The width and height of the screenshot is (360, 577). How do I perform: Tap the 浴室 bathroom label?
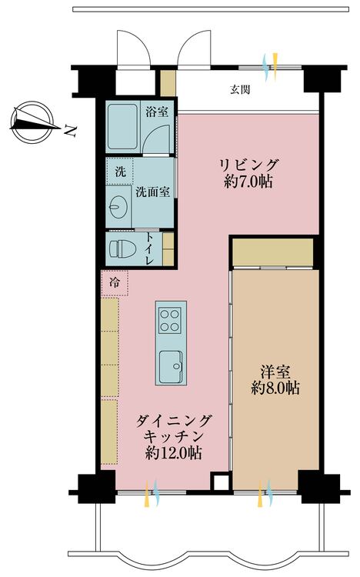point(158,111)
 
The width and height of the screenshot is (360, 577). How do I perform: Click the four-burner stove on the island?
point(171,319)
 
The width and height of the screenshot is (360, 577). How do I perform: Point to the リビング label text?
point(248,165)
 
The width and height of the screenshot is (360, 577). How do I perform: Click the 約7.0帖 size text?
point(248,182)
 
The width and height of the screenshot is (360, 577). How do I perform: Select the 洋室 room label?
point(275,371)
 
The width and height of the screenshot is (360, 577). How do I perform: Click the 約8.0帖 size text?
point(275,389)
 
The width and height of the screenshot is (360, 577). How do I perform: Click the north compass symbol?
point(32,120)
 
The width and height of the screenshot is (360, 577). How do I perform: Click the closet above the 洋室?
point(272,252)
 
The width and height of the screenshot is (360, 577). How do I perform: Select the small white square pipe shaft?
point(221,482)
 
